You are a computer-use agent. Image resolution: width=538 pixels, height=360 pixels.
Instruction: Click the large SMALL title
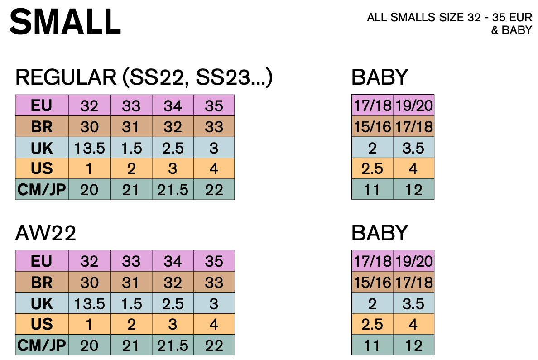(65, 22)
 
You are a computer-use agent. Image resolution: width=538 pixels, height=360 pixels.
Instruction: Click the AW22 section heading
(45, 234)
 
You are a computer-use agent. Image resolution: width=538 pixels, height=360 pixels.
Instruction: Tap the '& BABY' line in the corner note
(512, 31)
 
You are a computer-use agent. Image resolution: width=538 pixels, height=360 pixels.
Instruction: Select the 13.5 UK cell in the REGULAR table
(89, 148)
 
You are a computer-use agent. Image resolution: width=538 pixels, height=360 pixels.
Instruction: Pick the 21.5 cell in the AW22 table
(173, 346)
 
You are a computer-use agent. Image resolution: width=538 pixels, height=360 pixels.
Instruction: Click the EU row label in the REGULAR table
(42, 106)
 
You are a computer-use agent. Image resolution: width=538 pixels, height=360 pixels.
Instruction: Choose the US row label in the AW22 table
(42, 324)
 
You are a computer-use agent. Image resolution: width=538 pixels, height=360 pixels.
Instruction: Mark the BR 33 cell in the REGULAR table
(214, 127)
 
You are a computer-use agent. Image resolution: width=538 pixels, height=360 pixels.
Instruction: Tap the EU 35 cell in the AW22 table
(214, 261)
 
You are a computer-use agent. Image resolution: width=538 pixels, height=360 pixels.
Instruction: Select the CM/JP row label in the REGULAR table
(42, 190)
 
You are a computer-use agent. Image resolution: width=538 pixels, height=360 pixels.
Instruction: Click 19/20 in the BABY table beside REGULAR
(413, 106)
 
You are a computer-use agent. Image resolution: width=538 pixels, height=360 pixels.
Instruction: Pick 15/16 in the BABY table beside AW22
(372, 282)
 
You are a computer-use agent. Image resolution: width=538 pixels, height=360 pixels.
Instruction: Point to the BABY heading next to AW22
(380, 234)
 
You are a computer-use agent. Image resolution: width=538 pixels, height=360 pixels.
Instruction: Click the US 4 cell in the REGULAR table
(214, 169)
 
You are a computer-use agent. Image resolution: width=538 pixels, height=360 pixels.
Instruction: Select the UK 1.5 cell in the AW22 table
(131, 303)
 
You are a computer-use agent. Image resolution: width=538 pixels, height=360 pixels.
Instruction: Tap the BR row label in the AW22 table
(42, 282)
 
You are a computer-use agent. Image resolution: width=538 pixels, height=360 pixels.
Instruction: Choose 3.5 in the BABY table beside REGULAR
(413, 148)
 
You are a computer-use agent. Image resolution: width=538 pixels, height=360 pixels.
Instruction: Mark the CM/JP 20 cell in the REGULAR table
(89, 190)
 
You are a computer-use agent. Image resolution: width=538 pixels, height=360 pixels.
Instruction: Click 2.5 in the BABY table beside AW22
(372, 324)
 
